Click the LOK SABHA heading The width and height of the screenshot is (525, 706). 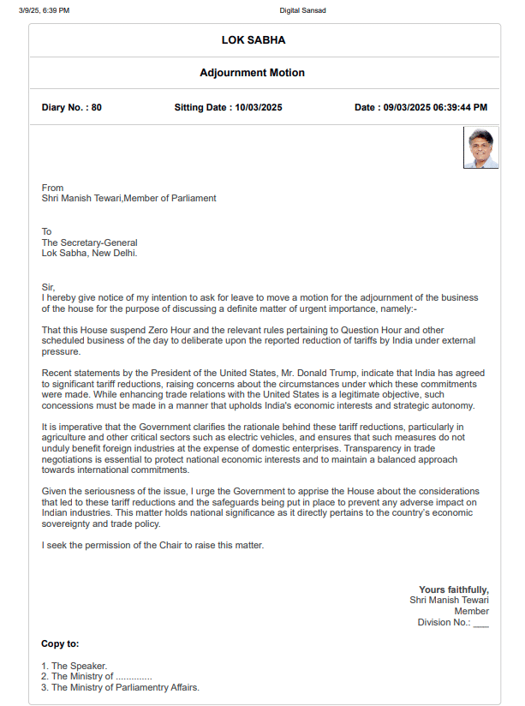[253, 40]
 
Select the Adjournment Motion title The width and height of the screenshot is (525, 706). [252, 73]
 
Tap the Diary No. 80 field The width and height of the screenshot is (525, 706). [72, 107]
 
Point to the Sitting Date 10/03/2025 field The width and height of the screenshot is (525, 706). [228, 107]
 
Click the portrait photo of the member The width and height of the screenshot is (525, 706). [480, 148]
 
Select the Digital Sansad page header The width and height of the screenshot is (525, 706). [302, 10]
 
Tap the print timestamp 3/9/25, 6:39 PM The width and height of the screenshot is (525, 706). [45, 10]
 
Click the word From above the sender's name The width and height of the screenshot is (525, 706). [52, 188]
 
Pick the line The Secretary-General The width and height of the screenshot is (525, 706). [89, 242]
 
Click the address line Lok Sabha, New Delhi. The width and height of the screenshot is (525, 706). [89, 253]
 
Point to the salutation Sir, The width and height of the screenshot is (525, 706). [48, 287]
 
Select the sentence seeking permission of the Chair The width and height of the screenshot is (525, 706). [152, 545]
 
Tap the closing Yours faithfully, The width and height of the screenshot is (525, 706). [454, 589]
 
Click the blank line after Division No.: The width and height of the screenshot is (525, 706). [480, 623]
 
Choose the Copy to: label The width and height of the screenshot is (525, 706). [60, 643]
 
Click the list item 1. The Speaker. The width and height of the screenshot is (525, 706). [75, 666]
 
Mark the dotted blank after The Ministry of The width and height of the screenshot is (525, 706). [134, 677]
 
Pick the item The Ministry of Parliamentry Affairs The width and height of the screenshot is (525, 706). [125, 687]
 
